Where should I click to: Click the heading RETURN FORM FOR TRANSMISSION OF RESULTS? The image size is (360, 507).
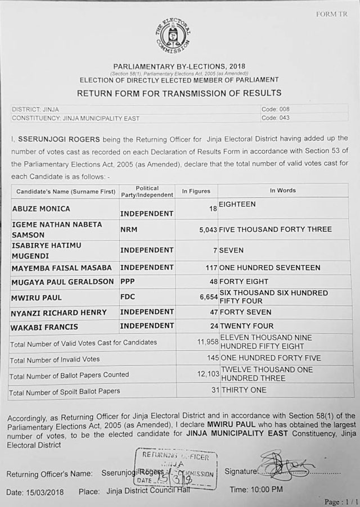(x=179, y=93)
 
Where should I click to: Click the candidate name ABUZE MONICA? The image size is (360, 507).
(x=41, y=209)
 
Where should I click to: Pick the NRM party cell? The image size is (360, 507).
(x=129, y=229)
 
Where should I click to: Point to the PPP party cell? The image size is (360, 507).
(x=128, y=281)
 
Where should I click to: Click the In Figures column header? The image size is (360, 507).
(x=196, y=191)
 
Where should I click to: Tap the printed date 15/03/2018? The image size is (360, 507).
(x=44, y=492)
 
